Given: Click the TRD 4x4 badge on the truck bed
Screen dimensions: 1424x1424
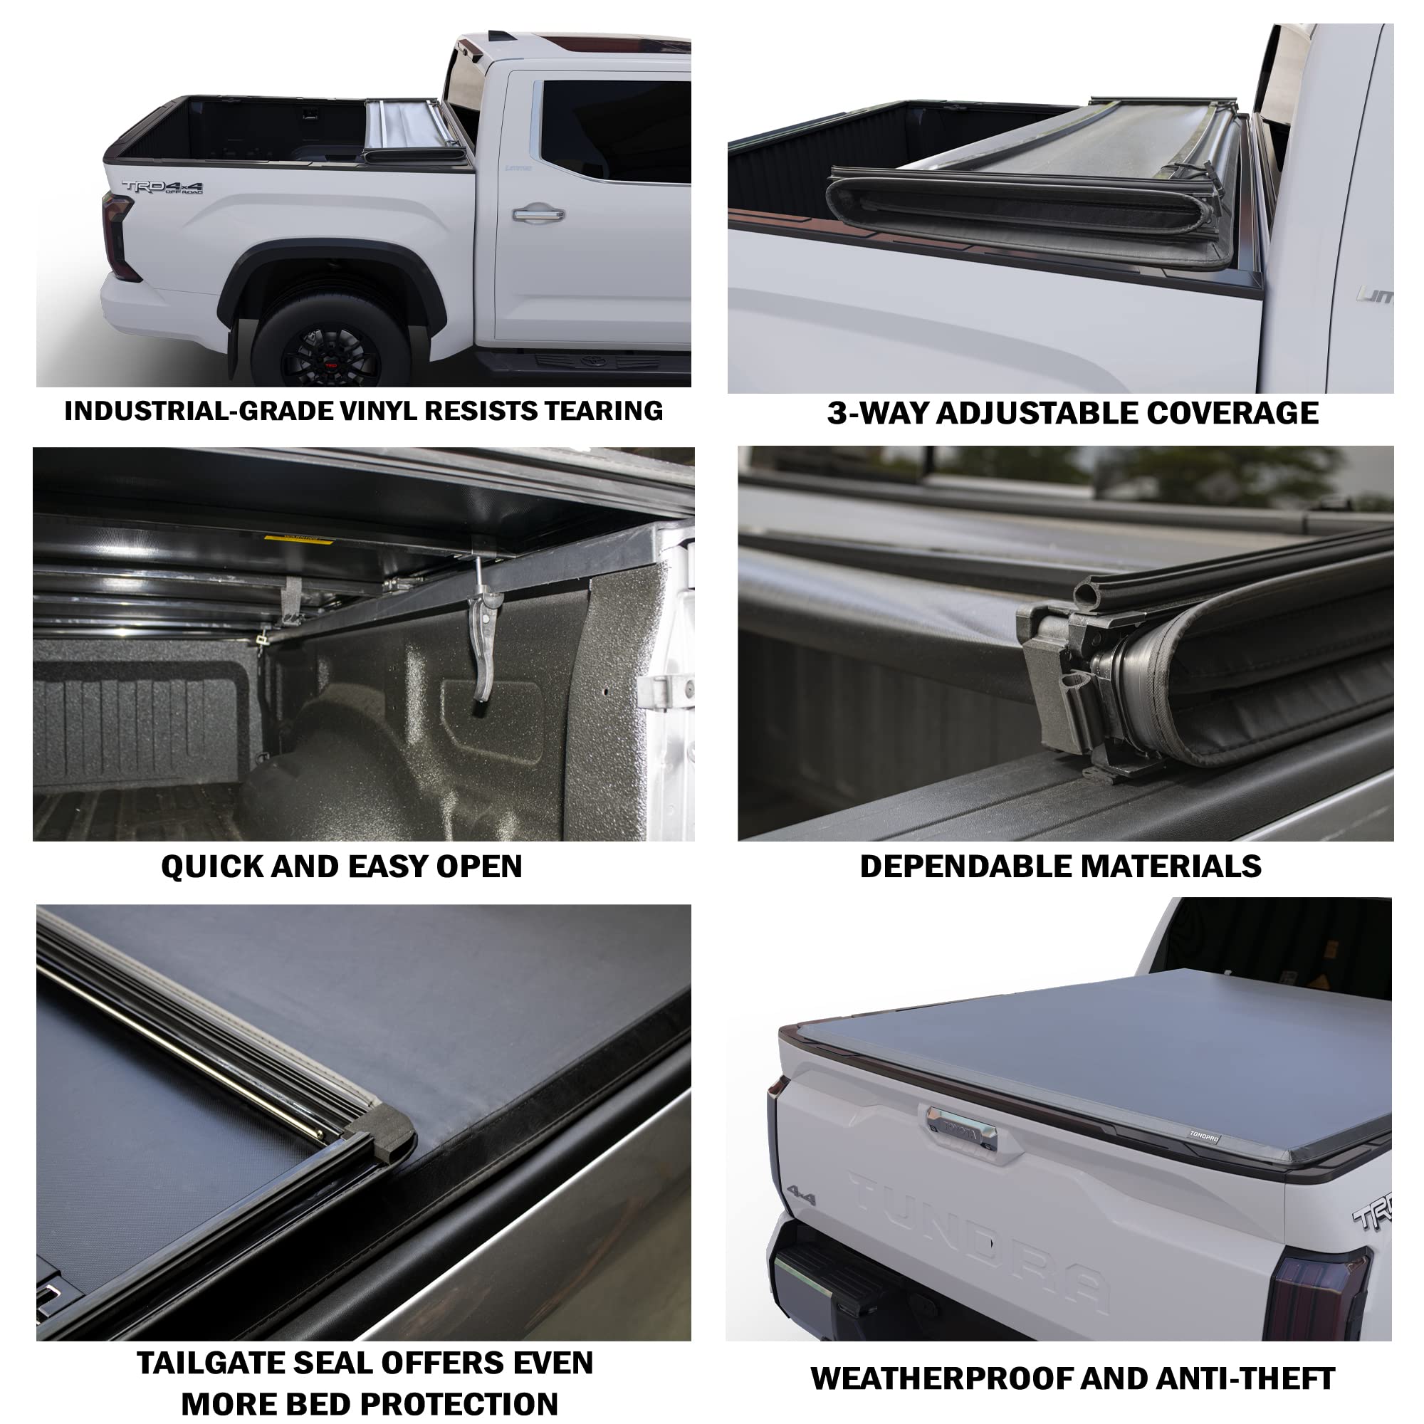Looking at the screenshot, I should (162, 187).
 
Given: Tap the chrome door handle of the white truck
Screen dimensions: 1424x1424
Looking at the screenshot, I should (539, 214).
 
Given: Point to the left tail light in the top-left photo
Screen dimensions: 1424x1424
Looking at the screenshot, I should (118, 236).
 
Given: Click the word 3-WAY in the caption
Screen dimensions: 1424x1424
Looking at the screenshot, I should (877, 414).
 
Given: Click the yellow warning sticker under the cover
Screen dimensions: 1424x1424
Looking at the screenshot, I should (298, 540).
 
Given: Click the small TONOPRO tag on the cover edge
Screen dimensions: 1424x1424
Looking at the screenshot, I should (1203, 1136).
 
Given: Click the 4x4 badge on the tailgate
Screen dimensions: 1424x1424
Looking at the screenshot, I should (802, 1195).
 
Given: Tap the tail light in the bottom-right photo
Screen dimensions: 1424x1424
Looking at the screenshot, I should (1318, 1297).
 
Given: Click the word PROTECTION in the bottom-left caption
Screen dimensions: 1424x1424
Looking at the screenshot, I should (422, 1404).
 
